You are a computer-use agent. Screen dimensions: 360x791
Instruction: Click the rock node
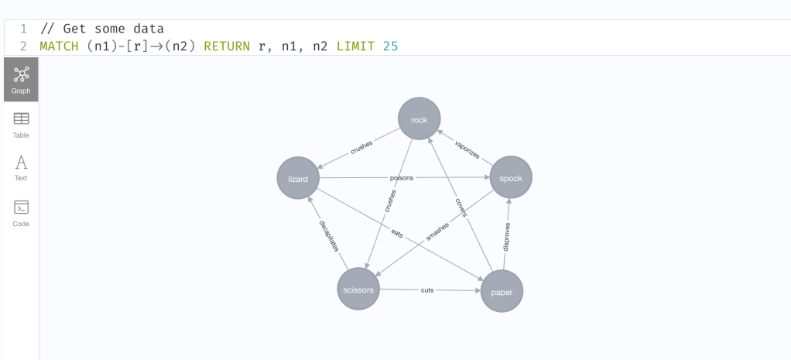pos(419,118)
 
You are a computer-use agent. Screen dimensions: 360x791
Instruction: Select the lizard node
pos(298,179)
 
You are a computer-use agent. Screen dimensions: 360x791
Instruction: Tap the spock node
pos(511,178)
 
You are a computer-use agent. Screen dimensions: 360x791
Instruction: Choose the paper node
pos(502,293)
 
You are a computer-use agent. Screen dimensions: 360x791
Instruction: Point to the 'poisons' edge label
pos(402,178)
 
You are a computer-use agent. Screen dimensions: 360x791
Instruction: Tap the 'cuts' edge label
pos(427,290)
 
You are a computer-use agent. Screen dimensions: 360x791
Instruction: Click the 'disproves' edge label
pos(507,237)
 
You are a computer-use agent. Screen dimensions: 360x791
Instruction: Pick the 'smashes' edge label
pos(437,230)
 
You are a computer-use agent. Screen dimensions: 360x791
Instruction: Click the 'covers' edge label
pos(461,207)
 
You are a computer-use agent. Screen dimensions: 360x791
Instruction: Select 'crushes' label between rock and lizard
pos(361,147)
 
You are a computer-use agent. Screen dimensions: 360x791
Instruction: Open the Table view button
pos(21,124)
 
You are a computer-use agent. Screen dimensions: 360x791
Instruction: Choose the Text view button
pos(21,167)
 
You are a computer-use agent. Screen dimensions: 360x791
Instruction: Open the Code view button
pos(21,212)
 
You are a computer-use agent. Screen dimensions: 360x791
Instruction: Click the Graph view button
pos(21,80)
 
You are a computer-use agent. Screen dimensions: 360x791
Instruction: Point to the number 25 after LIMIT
pos(390,46)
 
